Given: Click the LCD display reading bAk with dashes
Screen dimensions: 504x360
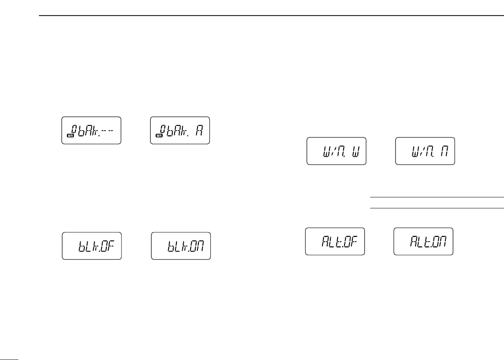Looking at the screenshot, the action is pos(91,131).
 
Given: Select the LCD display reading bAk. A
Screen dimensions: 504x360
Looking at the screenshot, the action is pos(180,131).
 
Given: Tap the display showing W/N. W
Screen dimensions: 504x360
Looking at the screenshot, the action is pos(336,151).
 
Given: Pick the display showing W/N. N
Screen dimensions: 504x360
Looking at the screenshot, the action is pos(425,151).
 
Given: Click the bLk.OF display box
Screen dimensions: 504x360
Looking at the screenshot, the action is pos(92,246).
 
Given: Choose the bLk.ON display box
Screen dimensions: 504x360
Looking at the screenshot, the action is pos(181,246).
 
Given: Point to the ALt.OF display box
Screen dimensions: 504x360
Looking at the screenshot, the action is pos(335,241).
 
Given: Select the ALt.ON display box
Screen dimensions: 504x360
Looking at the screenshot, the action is pos(423,241).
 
